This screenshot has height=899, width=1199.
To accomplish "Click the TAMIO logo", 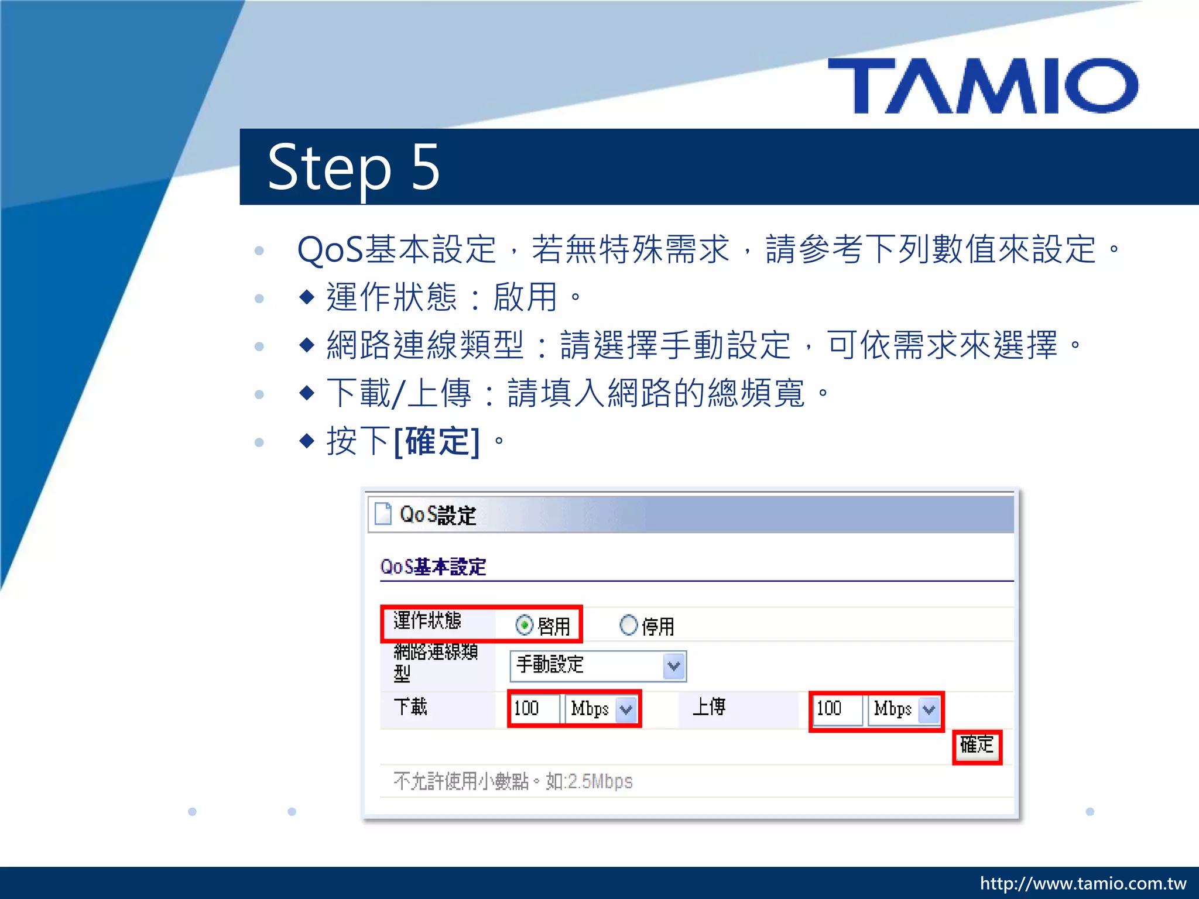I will [x=984, y=85].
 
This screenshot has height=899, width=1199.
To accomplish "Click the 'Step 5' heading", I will [x=353, y=167].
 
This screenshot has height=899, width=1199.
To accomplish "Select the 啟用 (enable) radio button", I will [x=524, y=625].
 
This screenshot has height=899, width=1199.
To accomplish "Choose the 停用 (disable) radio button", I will [x=628, y=625].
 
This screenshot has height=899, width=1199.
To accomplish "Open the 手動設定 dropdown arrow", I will [x=674, y=666].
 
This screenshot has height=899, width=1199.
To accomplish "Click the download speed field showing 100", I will [x=534, y=709].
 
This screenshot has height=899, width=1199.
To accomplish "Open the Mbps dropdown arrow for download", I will [x=626, y=709].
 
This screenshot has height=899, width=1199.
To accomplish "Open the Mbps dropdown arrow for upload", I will [x=929, y=710].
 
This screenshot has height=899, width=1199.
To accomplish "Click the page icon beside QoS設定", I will [x=383, y=514].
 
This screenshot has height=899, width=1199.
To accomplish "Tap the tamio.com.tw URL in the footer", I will [x=1083, y=883].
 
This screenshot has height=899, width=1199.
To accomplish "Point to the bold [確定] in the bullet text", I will [x=437, y=441].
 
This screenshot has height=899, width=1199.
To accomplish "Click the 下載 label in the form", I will [x=410, y=707].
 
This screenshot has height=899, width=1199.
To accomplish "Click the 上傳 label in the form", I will [x=709, y=707].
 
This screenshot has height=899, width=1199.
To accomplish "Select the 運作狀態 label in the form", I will [x=427, y=620].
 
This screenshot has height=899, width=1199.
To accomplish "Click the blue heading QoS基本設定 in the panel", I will [x=433, y=567].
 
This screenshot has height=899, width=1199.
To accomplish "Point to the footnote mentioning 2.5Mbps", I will [x=513, y=781].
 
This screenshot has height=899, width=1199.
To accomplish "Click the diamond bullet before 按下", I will [x=307, y=440].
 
